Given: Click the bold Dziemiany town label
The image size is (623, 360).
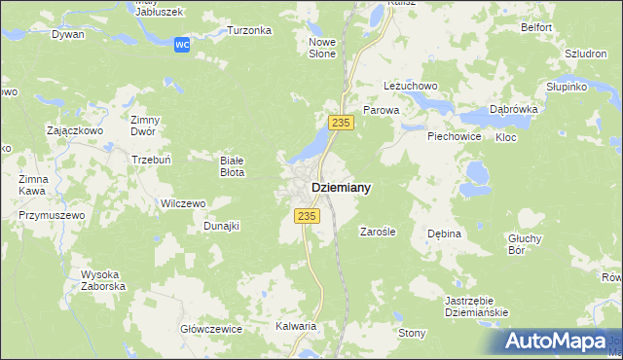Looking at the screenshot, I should click(340, 188).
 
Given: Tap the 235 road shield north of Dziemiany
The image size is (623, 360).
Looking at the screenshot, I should click(340, 122).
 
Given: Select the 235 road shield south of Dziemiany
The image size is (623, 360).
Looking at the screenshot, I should click(307, 216).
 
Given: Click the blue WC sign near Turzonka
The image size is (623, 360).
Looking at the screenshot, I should click(181, 45).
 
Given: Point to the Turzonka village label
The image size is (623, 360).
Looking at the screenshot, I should click(248, 30).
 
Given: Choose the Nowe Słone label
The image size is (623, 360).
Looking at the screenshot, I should click(322, 48).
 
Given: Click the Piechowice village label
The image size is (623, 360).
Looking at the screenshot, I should click(455, 136).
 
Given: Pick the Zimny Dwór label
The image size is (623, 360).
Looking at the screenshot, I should click(144, 126).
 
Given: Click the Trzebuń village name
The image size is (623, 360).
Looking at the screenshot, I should click(151, 158).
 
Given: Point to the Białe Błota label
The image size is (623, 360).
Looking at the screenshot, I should click(232, 166).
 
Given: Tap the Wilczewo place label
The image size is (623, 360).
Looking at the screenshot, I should click(182, 204).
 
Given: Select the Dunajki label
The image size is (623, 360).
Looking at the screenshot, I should click(221, 226).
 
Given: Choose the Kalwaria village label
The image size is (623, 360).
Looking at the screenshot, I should click(296, 327).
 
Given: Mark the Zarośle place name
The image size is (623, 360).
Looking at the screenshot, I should click(377, 233).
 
